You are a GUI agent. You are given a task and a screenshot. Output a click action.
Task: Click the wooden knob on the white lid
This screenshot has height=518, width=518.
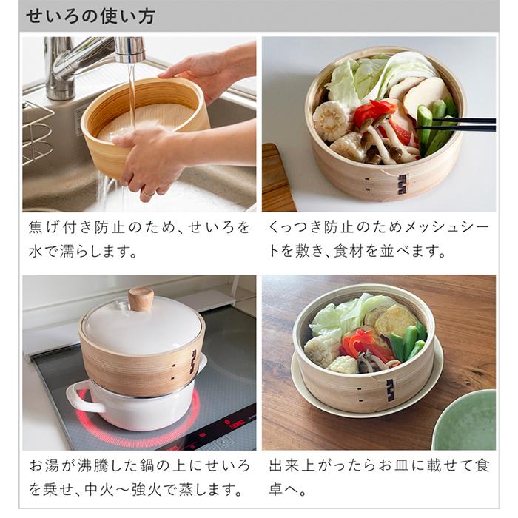(141, 299)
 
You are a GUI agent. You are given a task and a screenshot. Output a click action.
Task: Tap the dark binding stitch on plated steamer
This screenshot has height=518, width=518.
(390, 390)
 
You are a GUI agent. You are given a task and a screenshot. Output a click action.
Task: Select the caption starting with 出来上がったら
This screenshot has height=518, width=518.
(377, 478)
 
